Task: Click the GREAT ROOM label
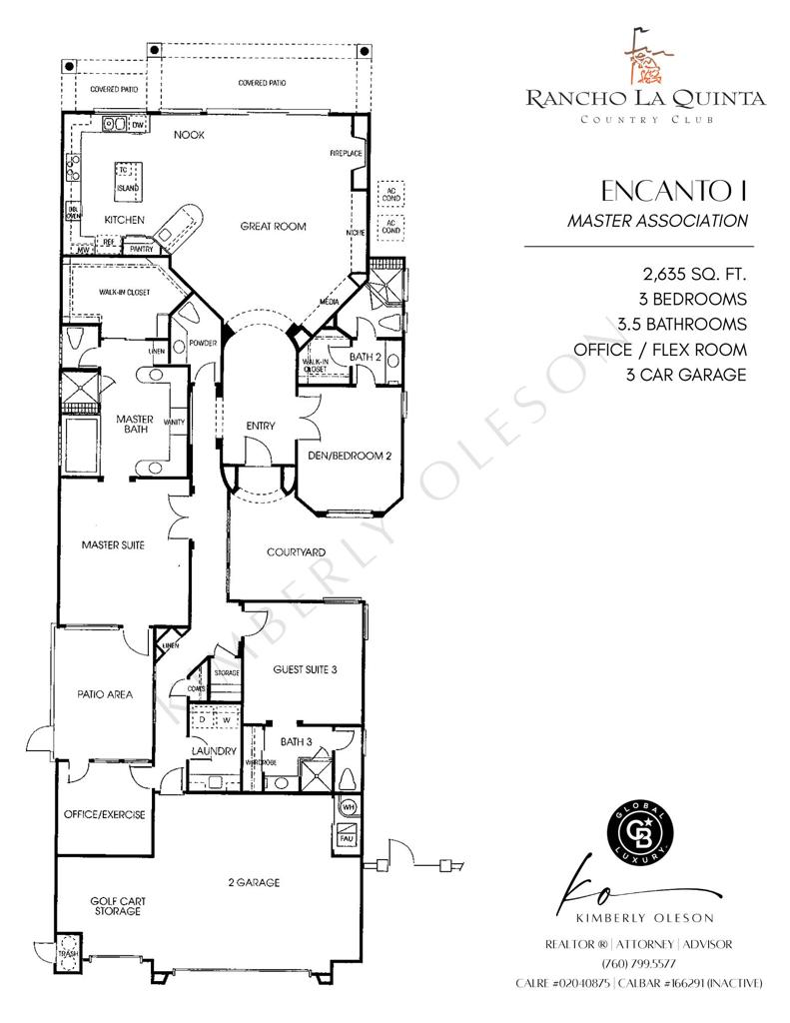point(273,227)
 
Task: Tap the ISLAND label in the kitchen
point(128,187)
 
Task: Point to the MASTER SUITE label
point(114,545)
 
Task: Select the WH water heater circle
point(350,805)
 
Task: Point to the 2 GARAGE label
point(251,882)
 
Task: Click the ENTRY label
point(261,427)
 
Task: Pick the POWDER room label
point(203,344)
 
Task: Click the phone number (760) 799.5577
point(638,963)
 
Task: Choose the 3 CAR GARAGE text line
point(686,376)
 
